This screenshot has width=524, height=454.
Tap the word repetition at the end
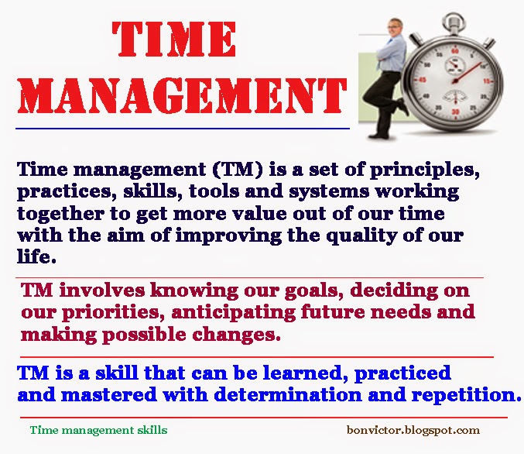(x=470, y=395)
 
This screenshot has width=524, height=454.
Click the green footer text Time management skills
(x=98, y=430)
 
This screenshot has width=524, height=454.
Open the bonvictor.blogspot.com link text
(x=413, y=430)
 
